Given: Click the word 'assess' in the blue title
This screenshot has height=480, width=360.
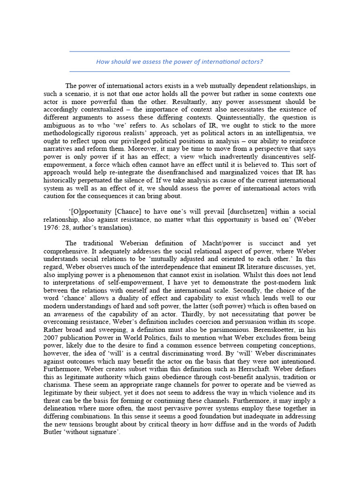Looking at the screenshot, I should (147, 61).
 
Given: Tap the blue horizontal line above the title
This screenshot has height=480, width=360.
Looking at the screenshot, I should (180, 51).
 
